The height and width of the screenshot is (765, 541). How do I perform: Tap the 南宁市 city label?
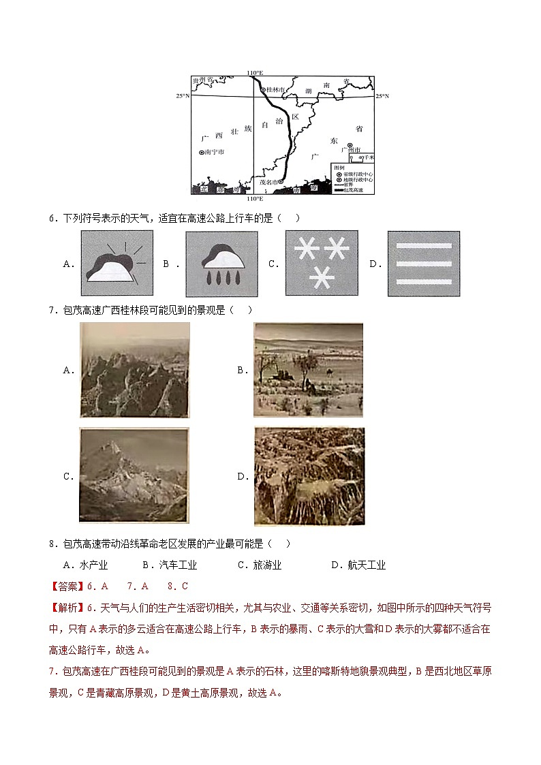click(x=214, y=153)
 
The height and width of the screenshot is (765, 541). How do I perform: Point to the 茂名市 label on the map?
click(x=270, y=181)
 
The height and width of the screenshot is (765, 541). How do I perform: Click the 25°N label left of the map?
click(x=182, y=96)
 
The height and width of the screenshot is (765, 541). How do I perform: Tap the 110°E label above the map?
click(x=255, y=73)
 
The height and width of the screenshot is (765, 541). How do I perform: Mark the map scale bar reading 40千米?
click(x=361, y=157)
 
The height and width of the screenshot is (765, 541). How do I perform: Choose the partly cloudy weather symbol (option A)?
click(x=117, y=262)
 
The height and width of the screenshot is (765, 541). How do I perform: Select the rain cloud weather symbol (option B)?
click(x=221, y=262)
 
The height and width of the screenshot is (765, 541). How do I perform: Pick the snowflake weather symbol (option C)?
click(x=321, y=262)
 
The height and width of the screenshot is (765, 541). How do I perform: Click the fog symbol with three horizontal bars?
click(x=423, y=263)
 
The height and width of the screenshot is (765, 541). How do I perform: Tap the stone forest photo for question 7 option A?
click(x=134, y=369)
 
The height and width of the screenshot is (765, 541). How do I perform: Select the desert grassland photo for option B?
click(x=308, y=369)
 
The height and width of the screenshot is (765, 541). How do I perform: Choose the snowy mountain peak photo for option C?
click(x=133, y=475)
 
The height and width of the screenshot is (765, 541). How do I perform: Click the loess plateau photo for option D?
click(x=309, y=476)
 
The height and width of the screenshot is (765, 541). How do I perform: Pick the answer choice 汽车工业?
click(x=170, y=565)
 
